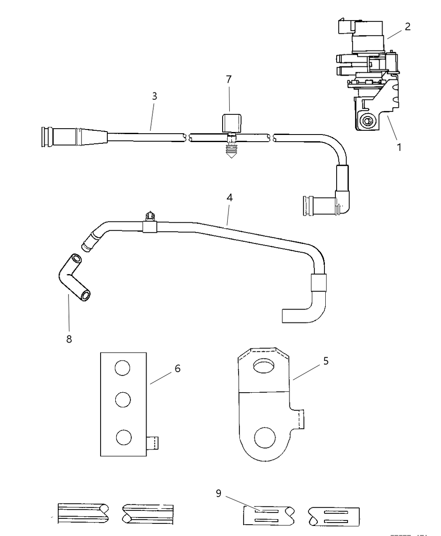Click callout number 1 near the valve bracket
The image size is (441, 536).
pyautogui.click(x=399, y=147)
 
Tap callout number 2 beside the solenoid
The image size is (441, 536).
pyautogui.click(x=407, y=26)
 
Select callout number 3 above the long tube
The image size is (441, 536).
pyautogui.click(x=154, y=96)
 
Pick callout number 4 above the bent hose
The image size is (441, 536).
pyautogui.click(x=229, y=197)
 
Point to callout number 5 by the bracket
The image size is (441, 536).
pyautogui.click(x=326, y=361)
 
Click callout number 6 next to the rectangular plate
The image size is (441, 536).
pyautogui.click(x=177, y=368)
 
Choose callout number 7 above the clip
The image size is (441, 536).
pyautogui.click(x=228, y=79)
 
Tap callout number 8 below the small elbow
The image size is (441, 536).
pyautogui.click(x=69, y=339)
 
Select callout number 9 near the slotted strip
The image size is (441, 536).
pyautogui.click(x=218, y=493)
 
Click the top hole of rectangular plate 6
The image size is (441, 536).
pyautogui.click(x=122, y=368)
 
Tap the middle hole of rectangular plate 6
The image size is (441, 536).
pyautogui.click(x=122, y=399)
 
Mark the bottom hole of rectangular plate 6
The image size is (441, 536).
pyautogui.click(x=122, y=438)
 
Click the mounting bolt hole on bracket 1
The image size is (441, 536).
pyautogui.click(x=367, y=121)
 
